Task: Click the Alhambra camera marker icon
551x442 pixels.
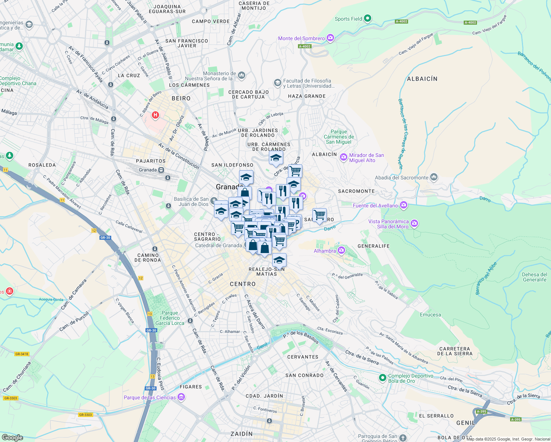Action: pyautogui.click(x=341, y=251)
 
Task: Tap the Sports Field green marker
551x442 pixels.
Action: pyautogui.click(x=367, y=18)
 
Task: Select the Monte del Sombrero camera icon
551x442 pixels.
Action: pyautogui.click(x=330, y=38)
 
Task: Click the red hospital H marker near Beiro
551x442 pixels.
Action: pyautogui.click(x=155, y=115)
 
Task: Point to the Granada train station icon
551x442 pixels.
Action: pyautogui.click(x=161, y=170)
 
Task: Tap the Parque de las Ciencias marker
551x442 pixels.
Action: pyautogui.click(x=181, y=397)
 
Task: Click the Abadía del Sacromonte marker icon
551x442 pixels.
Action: pyautogui.click(x=434, y=177)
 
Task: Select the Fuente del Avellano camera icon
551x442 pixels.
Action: pyautogui.click(x=404, y=205)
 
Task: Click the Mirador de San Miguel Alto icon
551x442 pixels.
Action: pyautogui.click(x=344, y=158)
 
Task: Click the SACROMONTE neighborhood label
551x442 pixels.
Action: pyautogui.click(x=356, y=191)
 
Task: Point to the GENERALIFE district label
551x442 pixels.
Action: pyautogui.click(x=373, y=246)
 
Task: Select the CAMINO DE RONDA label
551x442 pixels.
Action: pyautogui.click(x=148, y=257)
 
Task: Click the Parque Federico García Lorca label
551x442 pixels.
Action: pyautogui.click(x=170, y=318)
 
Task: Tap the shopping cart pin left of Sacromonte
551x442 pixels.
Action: pyautogui.click(x=319, y=215)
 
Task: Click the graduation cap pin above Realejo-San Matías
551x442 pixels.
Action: pyautogui.click(x=279, y=260)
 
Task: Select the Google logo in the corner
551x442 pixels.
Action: pyautogui.click(x=12, y=437)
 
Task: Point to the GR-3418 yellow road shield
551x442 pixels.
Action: pyautogui.click(x=22, y=354)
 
